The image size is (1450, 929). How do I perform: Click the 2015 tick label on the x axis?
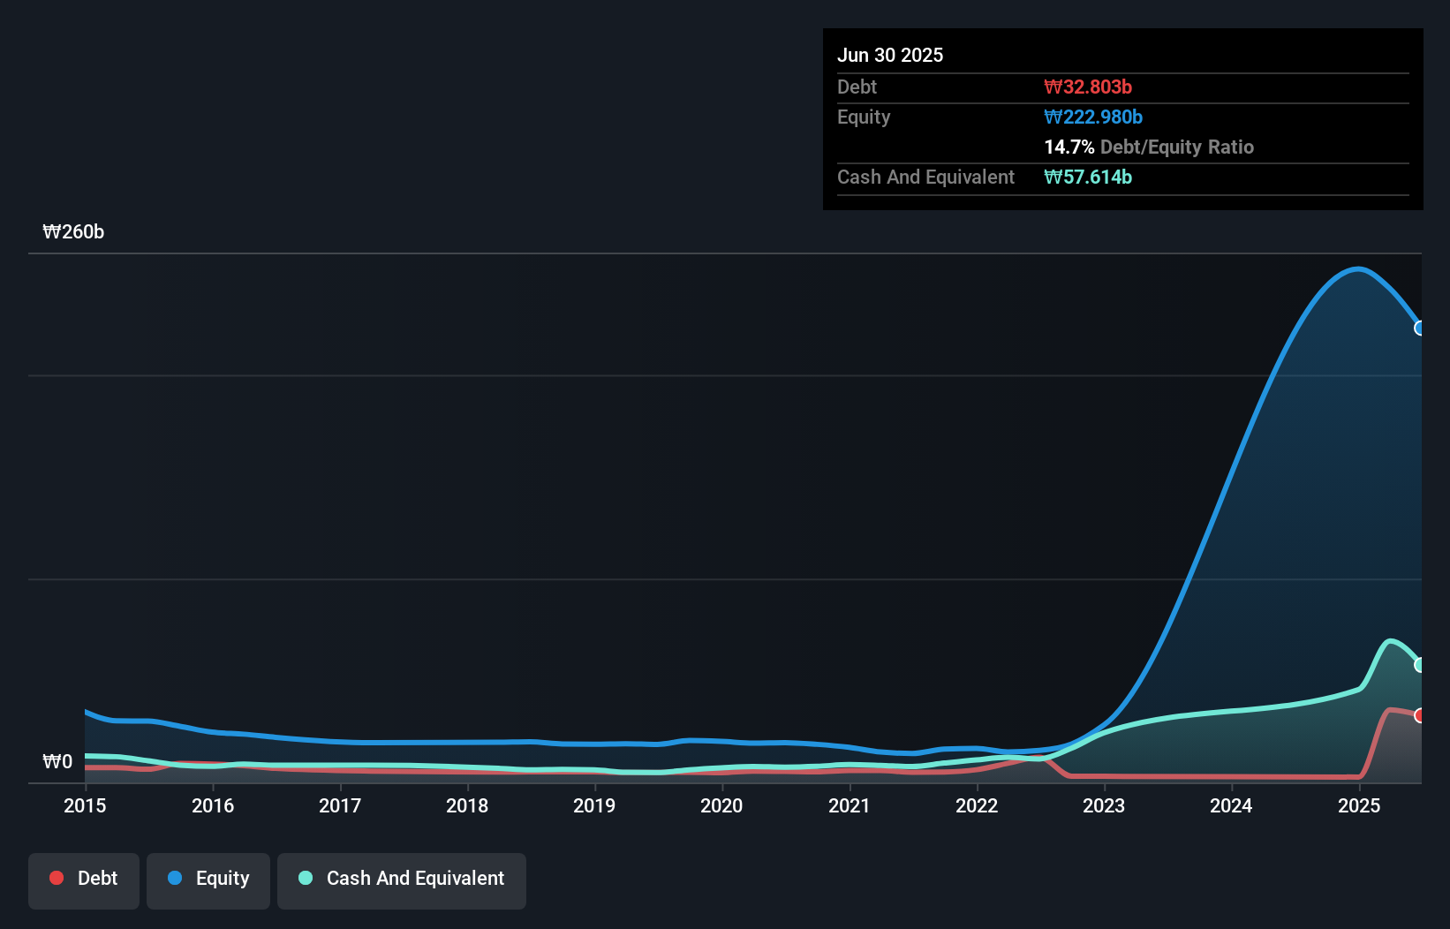tap(85, 805)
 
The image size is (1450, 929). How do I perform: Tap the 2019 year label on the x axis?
tap(594, 805)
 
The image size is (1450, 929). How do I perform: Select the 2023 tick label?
tap(1104, 805)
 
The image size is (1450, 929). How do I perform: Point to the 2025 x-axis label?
tap(1358, 805)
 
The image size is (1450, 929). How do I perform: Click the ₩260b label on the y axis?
tap(73, 232)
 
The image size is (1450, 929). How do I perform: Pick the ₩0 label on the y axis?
tap(57, 761)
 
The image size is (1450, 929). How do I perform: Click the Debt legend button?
tap(84, 879)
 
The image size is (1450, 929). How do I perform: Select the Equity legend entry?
tap(208, 879)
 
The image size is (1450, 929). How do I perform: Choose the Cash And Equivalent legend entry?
tap(402, 879)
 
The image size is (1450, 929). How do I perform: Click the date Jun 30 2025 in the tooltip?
tap(890, 55)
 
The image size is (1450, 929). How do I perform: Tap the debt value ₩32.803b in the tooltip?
tap(1088, 87)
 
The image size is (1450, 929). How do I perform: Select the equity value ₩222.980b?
tap(1093, 117)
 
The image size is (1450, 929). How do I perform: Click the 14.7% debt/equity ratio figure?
tap(1069, 147)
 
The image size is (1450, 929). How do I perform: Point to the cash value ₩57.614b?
tap(1088, 177)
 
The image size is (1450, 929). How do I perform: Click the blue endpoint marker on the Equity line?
tap(1420, 328)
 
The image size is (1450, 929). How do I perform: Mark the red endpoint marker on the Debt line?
tap(1420, 715)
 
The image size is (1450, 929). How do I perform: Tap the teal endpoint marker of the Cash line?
tap(1420, 665)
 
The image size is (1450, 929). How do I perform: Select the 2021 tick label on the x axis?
tap(849, 805)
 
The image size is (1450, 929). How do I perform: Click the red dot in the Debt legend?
tap(57, 878)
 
